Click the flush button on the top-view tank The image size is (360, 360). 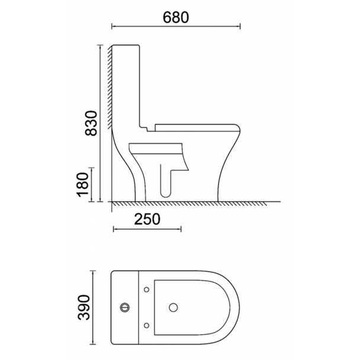[125, 307]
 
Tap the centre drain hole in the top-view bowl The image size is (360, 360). [173, 307]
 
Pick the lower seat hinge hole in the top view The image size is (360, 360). [146, 325]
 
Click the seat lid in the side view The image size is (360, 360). [195, 126]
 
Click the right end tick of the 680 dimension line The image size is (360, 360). [240, 26]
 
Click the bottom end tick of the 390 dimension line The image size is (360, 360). [93, 345]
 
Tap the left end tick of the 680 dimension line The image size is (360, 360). [112, 26]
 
